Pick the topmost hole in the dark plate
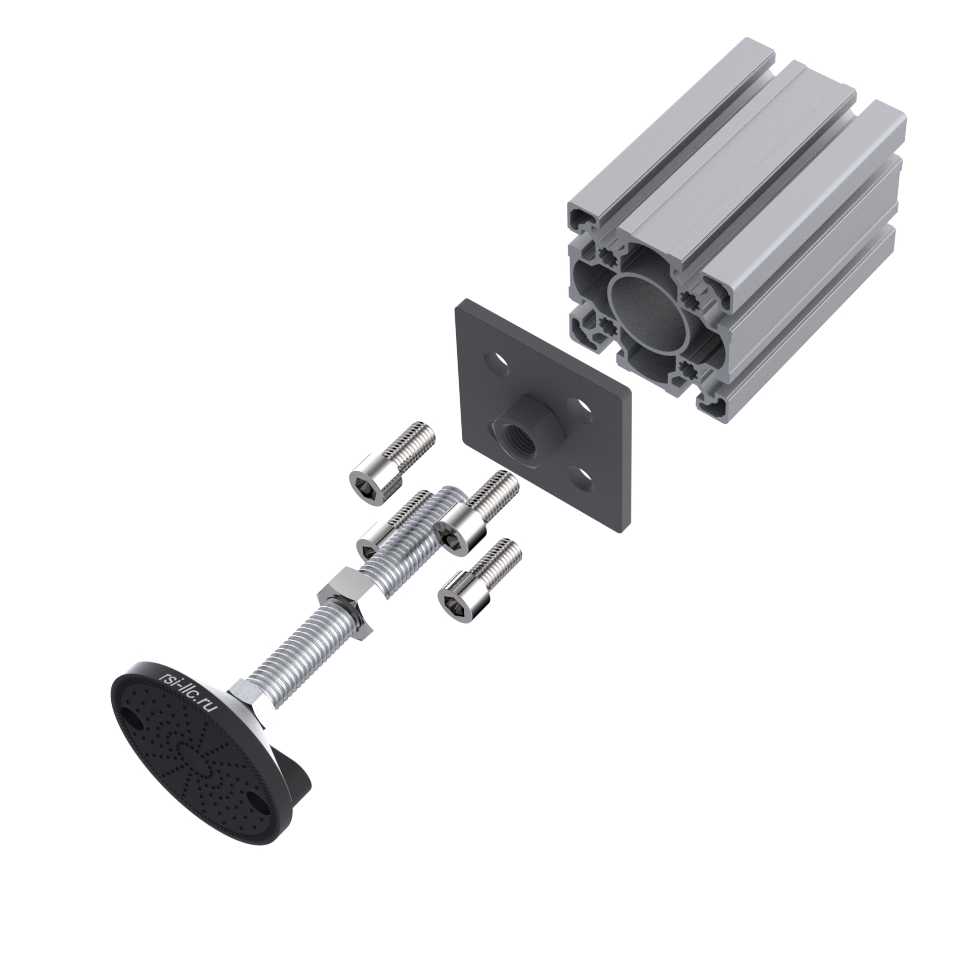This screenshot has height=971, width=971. (498, 365)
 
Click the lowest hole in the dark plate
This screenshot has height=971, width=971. (581, 477)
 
